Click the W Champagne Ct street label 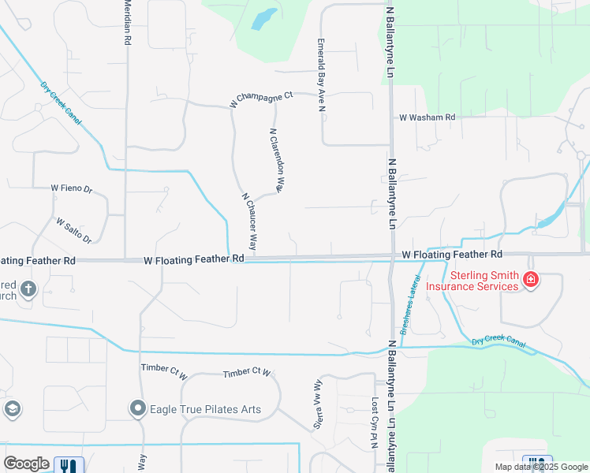point(260,99)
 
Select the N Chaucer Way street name point(249,221)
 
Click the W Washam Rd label point(427,117)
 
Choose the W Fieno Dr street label point(72,188)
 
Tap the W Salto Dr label point(74,230)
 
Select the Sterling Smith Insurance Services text point(472,281)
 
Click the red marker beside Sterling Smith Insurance point(531,279)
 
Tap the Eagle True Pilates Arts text point(206,409)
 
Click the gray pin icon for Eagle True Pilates point(138,408)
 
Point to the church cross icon point(28,289)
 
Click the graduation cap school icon point(12,408)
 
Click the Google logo point(26,464)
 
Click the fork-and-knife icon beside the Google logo point(67,465)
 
